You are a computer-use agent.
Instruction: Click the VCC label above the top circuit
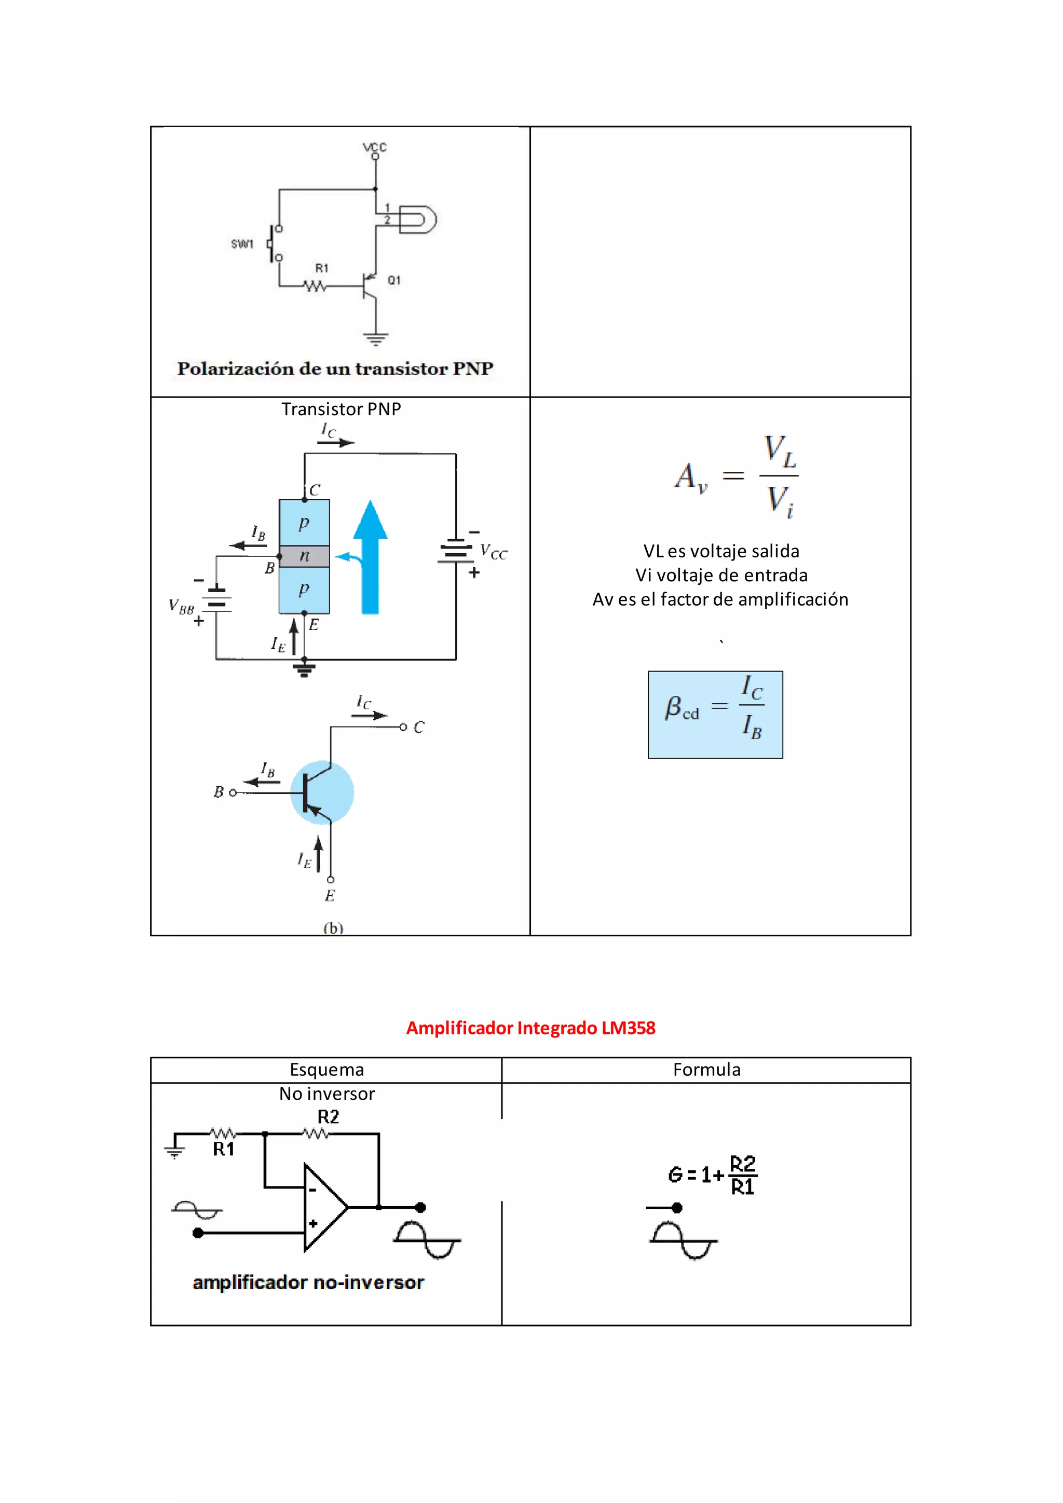coord(375,147)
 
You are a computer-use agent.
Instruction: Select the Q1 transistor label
coord(393,280)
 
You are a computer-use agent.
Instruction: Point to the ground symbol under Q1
coord(376,338)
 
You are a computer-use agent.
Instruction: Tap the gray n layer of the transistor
coord(304,556)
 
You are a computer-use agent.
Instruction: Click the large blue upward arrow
coord(371,556)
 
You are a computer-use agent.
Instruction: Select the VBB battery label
coord(181,607)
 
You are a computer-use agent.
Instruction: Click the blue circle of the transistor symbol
coord(323,792)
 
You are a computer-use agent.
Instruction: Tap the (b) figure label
coord(333,927)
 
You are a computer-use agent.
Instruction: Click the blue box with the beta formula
coord(715,714)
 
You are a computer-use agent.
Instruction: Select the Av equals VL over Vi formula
coord(737,475)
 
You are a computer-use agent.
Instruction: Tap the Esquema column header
coord(326,1070)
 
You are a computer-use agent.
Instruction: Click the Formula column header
coord(706,1070)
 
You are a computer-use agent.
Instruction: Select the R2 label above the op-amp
coord(328,1117)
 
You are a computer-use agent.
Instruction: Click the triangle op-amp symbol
coord(323,1207)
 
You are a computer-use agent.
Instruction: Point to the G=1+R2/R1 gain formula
coord(712,1174)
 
